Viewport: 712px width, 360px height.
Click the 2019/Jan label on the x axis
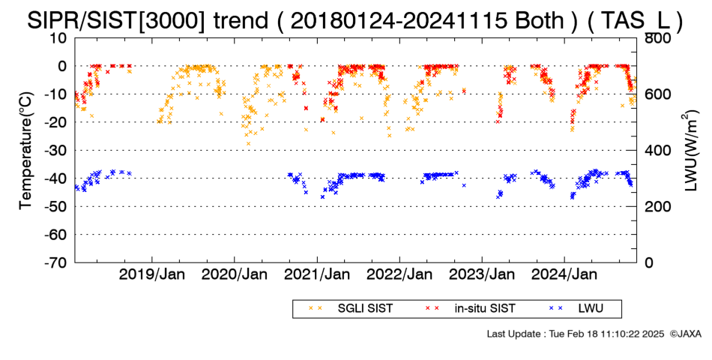pos(151,274)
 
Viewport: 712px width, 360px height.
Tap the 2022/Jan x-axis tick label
pos(399,274)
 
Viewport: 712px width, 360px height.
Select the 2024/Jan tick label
pos(564,274)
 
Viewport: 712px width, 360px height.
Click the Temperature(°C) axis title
pos(26,151)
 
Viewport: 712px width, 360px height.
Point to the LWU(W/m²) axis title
pos(690,151)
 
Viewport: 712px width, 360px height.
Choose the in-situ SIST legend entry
pos(470,308)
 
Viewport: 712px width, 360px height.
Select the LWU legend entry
pos(576,308)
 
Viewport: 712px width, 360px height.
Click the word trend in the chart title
pos(240,20)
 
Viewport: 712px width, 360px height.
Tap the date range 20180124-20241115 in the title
pos(398,20)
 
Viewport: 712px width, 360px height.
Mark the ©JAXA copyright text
pos(685,334)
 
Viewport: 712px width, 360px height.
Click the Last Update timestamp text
pos(576,334)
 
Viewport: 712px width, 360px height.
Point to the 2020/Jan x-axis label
pos(235,274)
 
